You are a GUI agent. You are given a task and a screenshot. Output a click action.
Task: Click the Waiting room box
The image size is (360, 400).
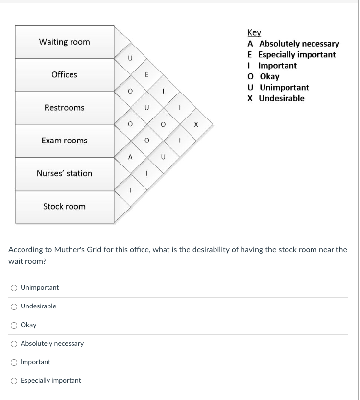(64, 42)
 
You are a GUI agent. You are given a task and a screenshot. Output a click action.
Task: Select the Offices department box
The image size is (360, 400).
(64, 75)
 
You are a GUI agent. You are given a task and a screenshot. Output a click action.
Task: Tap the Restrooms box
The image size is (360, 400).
(64, 108)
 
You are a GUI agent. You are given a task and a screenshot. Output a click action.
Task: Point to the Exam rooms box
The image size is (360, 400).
(64, 141)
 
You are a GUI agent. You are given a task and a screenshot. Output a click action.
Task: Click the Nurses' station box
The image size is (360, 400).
(64, 173)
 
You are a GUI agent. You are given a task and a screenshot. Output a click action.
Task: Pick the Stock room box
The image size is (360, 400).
(64, 206)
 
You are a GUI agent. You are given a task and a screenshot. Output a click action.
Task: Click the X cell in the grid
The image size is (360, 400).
(196, 124)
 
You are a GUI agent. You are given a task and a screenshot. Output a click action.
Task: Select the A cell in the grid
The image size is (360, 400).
(130, 157)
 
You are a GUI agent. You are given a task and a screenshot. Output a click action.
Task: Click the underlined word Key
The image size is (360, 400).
(254, 33)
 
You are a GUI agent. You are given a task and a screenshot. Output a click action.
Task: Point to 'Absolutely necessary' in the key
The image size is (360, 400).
(299, 44)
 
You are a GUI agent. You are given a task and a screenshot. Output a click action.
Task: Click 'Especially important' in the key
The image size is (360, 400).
(297, 54)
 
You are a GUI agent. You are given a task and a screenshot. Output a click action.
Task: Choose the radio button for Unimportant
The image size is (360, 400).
(14, 288)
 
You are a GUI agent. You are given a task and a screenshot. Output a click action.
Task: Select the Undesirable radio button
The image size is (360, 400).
(14, 306)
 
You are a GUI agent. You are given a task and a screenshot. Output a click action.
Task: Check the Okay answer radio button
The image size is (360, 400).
(14, 325)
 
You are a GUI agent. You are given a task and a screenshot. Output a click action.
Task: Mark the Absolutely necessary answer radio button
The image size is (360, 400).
(14, 344)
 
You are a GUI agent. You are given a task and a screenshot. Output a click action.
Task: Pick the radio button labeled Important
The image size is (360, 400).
(14, 362)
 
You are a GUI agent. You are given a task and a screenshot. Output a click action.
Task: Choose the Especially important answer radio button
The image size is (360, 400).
(14, 381)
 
